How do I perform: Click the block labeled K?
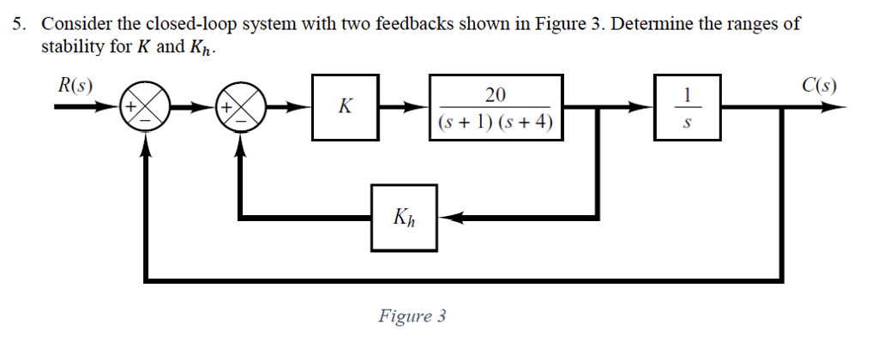(346, 107)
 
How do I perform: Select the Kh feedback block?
(404, 218)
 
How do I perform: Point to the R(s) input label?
(75, 85)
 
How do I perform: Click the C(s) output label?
(819, 85)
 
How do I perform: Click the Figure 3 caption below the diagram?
(412, 316)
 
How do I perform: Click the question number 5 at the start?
(17, 24)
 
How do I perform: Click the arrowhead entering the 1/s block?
(645, 108)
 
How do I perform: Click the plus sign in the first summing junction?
(133, 108)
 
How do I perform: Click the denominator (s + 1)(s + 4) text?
(495, 123)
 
